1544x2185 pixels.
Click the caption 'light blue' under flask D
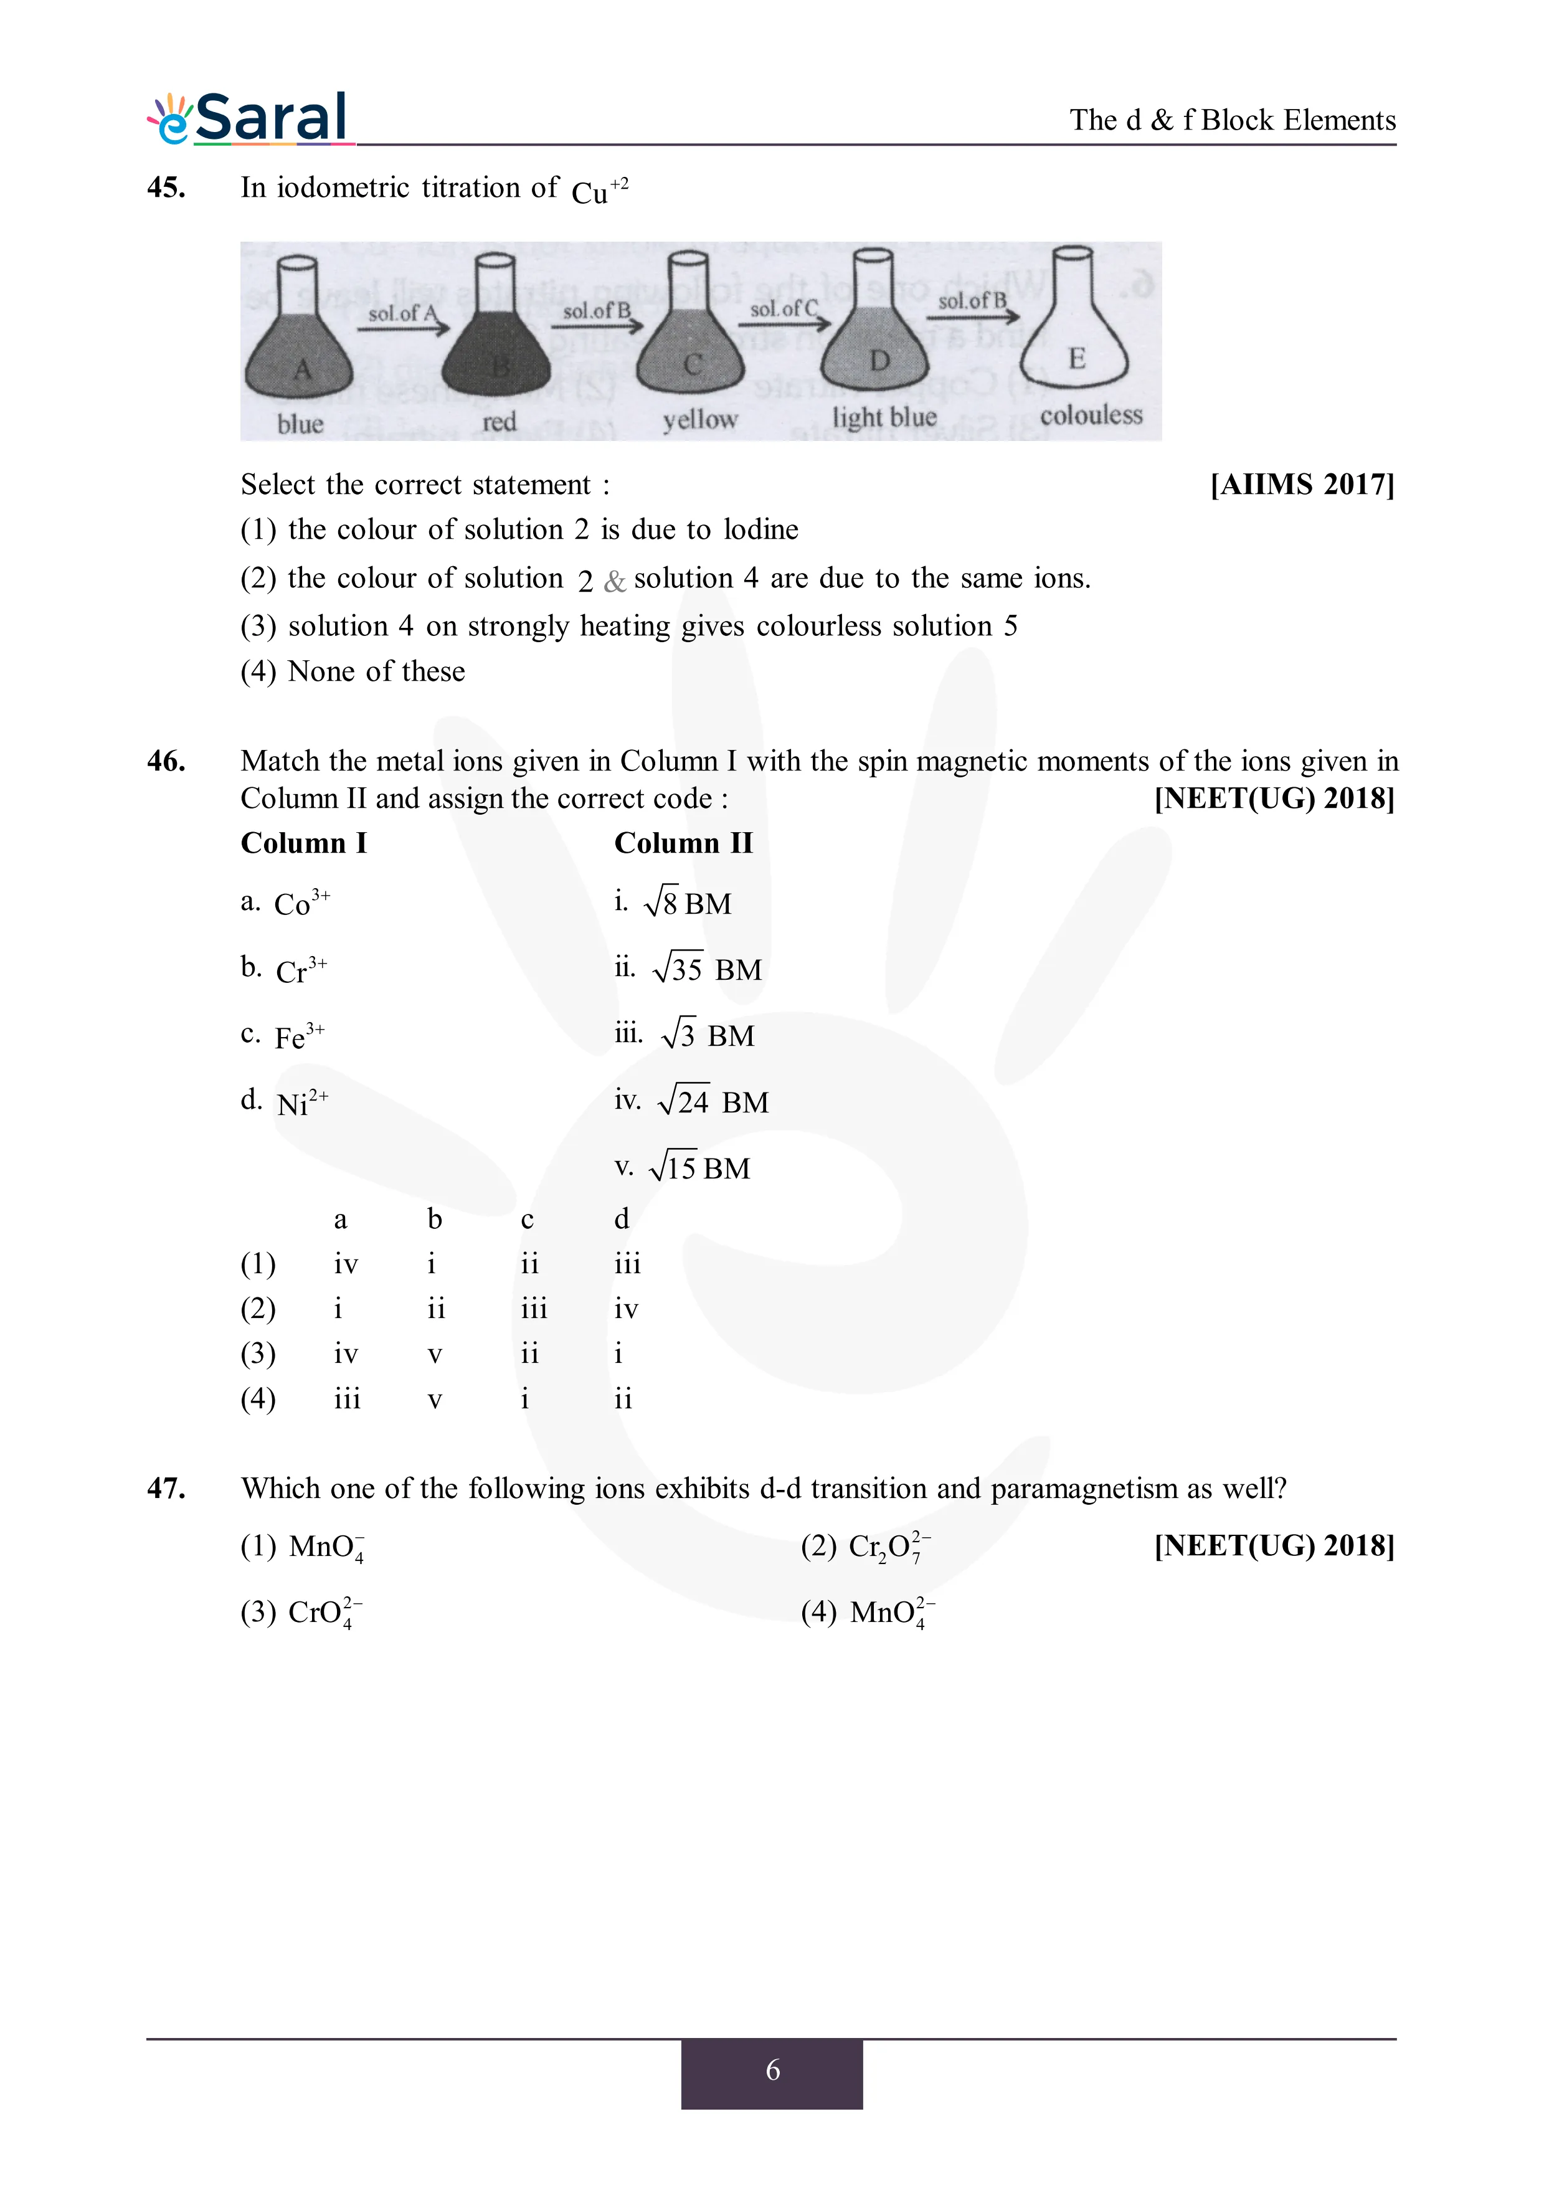884,417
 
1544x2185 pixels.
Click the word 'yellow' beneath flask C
700,420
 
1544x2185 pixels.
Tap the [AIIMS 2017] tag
1302,485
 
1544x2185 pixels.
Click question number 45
166,187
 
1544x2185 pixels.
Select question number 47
166,1489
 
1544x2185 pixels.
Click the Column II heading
683,843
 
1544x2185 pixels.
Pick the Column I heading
303,843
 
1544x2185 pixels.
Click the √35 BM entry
706,969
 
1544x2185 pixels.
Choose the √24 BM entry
712,1101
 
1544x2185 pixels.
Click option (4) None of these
353,672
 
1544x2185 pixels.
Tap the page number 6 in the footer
772,2070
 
